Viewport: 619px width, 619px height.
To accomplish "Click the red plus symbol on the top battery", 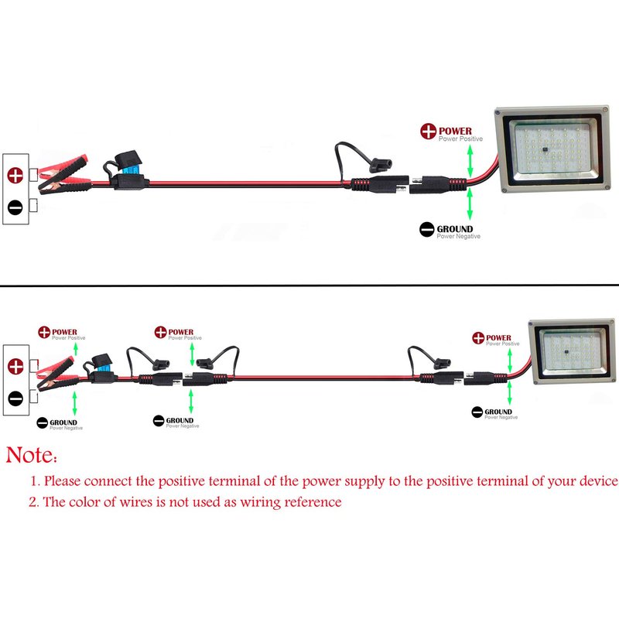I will pos(15,175).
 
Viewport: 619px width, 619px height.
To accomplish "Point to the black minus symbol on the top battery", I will pos(15,207).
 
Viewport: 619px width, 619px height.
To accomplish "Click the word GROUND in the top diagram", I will pos(455,229).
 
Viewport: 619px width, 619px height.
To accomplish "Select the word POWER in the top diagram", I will pos(457,131).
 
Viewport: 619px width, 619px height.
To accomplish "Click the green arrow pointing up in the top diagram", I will pos(469,159).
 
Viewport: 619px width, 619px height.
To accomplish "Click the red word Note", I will pos(31,455).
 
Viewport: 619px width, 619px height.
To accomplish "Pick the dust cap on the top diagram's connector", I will pos(381,165).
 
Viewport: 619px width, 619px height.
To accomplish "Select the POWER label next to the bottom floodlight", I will pos(499,338).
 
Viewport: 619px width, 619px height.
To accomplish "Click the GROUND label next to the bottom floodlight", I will pos(501,412).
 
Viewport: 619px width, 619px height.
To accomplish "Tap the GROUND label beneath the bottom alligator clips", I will pos(63,422).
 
